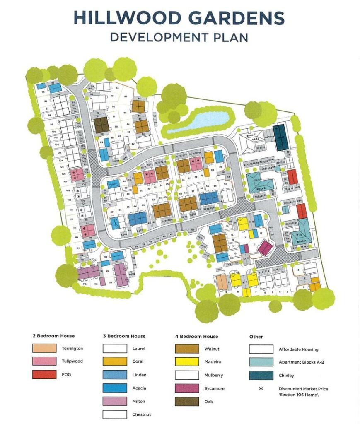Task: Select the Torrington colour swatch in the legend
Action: click(x=44, y=348)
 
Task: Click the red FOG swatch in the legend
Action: click(x=44, y=374)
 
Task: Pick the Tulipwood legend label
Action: click(x=72, y=361)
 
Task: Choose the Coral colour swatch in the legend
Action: click(x=115, y=361)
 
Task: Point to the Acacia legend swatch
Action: click(x=115, y=388)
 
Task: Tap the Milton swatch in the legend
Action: click(x=115, y=401)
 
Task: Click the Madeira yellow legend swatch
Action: click(x=187, y=361)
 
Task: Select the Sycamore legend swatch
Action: click(x=187, y=388)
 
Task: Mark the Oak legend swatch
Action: click(x=187, y=401)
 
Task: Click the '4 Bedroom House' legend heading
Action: click(x=196, y=337)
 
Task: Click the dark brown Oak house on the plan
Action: click(x=101, y=125)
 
